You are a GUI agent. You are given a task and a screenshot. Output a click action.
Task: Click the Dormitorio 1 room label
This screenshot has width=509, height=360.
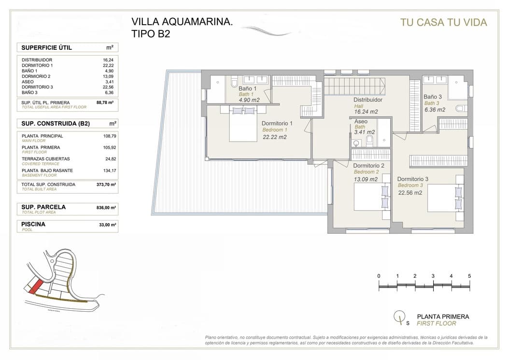click(x=278, y=123)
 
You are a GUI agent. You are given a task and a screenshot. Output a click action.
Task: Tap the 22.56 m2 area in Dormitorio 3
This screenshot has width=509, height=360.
click(x=410, y=192)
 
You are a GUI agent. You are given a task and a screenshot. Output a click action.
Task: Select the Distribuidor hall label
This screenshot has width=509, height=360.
click(x=368, y=100)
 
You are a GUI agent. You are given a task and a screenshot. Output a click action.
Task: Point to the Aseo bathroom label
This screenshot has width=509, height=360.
click(x=361, y=122)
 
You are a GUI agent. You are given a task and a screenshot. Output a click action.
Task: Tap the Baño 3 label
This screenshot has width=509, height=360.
click(x=433, y=97)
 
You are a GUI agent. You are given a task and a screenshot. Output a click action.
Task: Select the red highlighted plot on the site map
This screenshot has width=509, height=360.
click(x=33, y=287)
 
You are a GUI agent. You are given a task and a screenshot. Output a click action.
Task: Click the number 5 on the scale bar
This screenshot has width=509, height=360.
click(x=469, y=276)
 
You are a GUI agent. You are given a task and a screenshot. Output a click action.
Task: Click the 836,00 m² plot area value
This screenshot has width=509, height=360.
click(x=106, y=207)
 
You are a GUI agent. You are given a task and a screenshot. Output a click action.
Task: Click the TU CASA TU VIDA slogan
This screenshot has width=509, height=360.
click(x=443, y=22)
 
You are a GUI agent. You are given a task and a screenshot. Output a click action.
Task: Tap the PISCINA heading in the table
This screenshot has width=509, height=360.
click(x=34, y=224)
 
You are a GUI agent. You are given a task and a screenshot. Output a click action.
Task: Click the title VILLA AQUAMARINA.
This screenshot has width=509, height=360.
click(x=183, y=22)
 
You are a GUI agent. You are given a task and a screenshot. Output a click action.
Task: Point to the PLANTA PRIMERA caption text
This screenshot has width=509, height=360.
click(x=443, y=317)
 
